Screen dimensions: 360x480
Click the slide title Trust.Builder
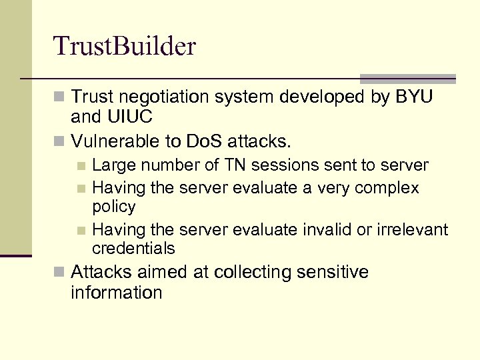tap(125, 46)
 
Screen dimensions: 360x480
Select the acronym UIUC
tap(129, 117)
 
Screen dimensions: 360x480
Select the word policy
tap(114, 207)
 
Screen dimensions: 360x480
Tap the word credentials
tap(133, 249)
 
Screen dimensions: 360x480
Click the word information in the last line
tap(116, 293)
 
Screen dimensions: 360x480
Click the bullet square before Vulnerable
tap(61, 142)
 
